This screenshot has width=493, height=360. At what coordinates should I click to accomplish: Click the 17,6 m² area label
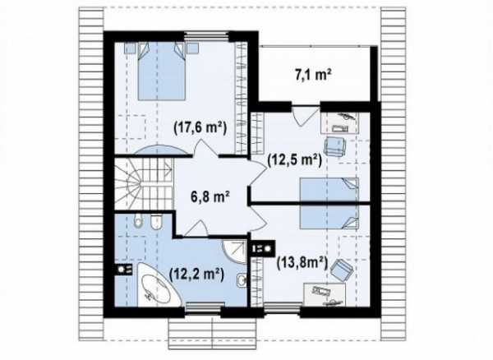tap(200, 128)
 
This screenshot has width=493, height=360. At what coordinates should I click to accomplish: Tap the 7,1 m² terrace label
tap(313, 76)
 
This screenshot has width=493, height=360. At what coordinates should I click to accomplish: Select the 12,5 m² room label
tap(294, 160)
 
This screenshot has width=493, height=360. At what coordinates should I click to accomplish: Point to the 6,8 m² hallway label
tap(210, 197)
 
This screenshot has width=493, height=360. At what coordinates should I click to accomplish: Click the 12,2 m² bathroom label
tap(196, 275)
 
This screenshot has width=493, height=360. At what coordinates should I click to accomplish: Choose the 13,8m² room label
tap(302, 263)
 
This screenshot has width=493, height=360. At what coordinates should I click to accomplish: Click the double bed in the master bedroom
tap(162, 71)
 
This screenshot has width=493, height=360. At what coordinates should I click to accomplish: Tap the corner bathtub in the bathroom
tap(158, 285)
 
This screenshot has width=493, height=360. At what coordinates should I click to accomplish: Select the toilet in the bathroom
tap(138, 221)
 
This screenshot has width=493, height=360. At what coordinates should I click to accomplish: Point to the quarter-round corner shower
tap(234, 252)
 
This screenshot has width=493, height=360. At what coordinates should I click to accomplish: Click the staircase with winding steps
tap(143, 183)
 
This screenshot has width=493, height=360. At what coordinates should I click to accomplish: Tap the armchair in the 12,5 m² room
tap(334, 145)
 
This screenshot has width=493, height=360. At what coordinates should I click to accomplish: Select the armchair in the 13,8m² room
tap(341, 270)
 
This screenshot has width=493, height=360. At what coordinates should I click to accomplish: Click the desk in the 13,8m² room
tap(325, 294)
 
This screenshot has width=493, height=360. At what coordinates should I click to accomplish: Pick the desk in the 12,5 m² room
tap(340, 122)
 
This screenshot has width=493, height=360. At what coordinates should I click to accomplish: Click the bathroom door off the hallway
tap(196, 228)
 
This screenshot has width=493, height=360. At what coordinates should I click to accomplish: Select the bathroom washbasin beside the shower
tap(242, 279)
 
